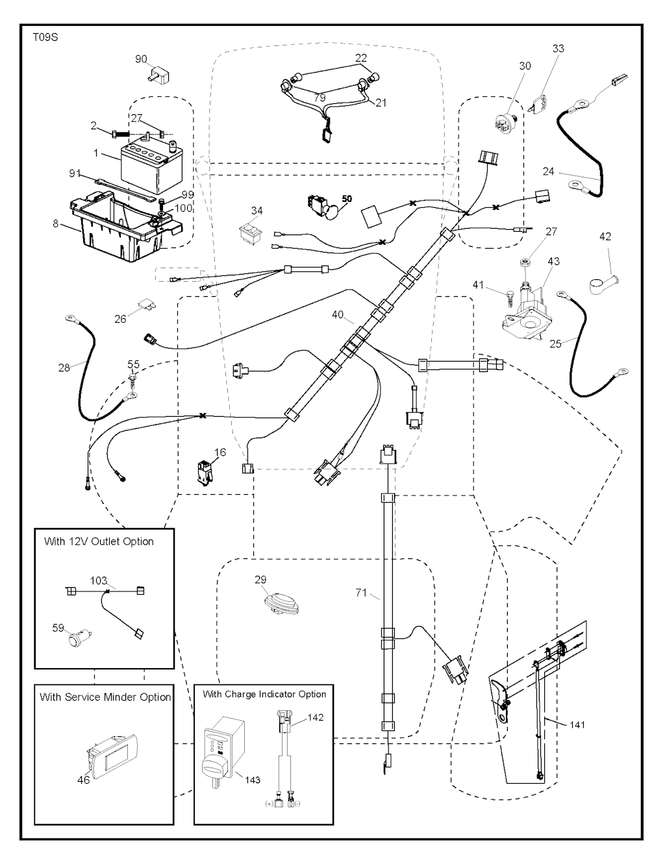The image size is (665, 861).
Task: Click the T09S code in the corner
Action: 45,37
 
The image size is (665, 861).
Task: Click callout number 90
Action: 142,59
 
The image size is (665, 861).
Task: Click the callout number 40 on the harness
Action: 338,315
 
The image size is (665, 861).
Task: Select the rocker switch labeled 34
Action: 249,233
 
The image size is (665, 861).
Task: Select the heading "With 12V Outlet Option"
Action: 99,542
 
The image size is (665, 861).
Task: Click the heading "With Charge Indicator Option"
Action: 264,694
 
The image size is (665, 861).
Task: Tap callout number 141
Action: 577,725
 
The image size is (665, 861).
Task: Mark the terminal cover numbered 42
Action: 601,281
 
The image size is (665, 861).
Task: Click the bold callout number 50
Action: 347,198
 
